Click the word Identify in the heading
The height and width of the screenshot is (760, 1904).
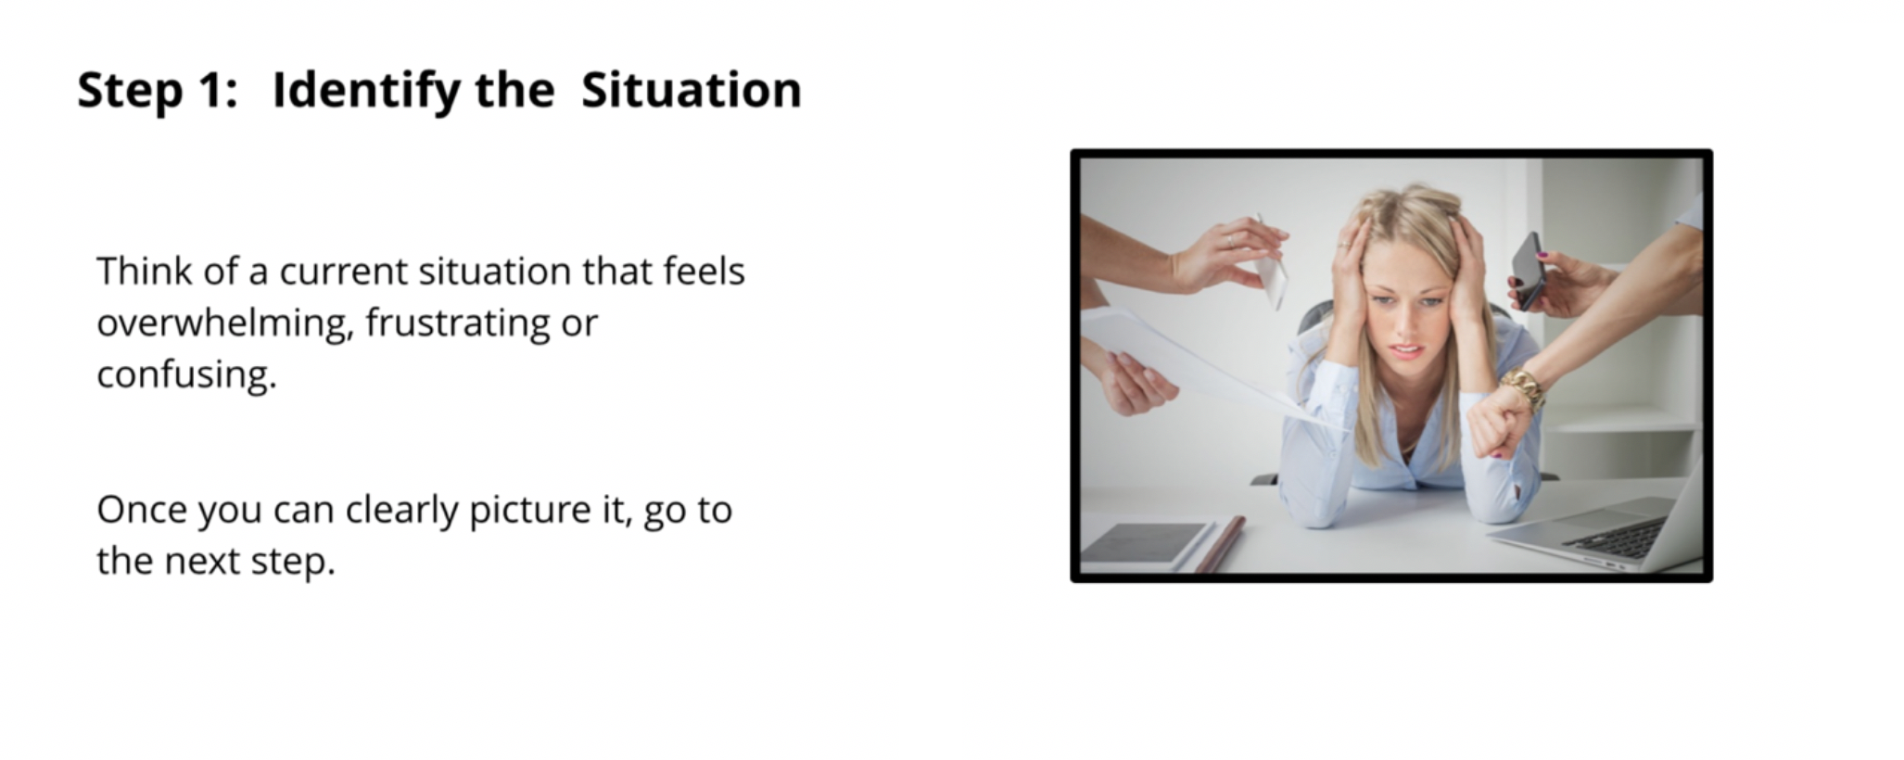[x=366, y=91]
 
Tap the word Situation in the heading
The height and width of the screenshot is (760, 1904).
[x=691, y=90]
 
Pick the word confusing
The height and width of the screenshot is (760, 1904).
[x=186, y=375]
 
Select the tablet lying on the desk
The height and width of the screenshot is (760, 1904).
[x=1147, y=544]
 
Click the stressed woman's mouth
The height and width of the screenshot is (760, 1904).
[x=1406, y=351]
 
